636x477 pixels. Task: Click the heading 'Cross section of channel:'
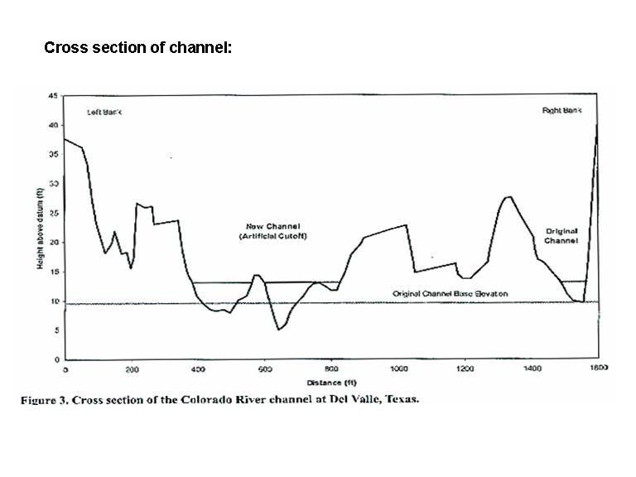click(x=137, y=47)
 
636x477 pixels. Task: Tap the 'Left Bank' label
click(x=104, y=112)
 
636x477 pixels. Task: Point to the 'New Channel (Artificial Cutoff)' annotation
click(x=273, y=231)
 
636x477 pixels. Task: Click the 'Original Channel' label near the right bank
click(x=561, y=235)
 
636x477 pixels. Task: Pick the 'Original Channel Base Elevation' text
click(x=450, y=294)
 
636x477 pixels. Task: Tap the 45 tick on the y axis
click(x=53, y=96)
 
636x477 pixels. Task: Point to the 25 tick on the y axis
click(x=53, y=214)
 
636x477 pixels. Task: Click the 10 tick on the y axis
click(x=53, y=301)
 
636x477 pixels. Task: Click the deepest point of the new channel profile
click(x=279, y=330)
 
